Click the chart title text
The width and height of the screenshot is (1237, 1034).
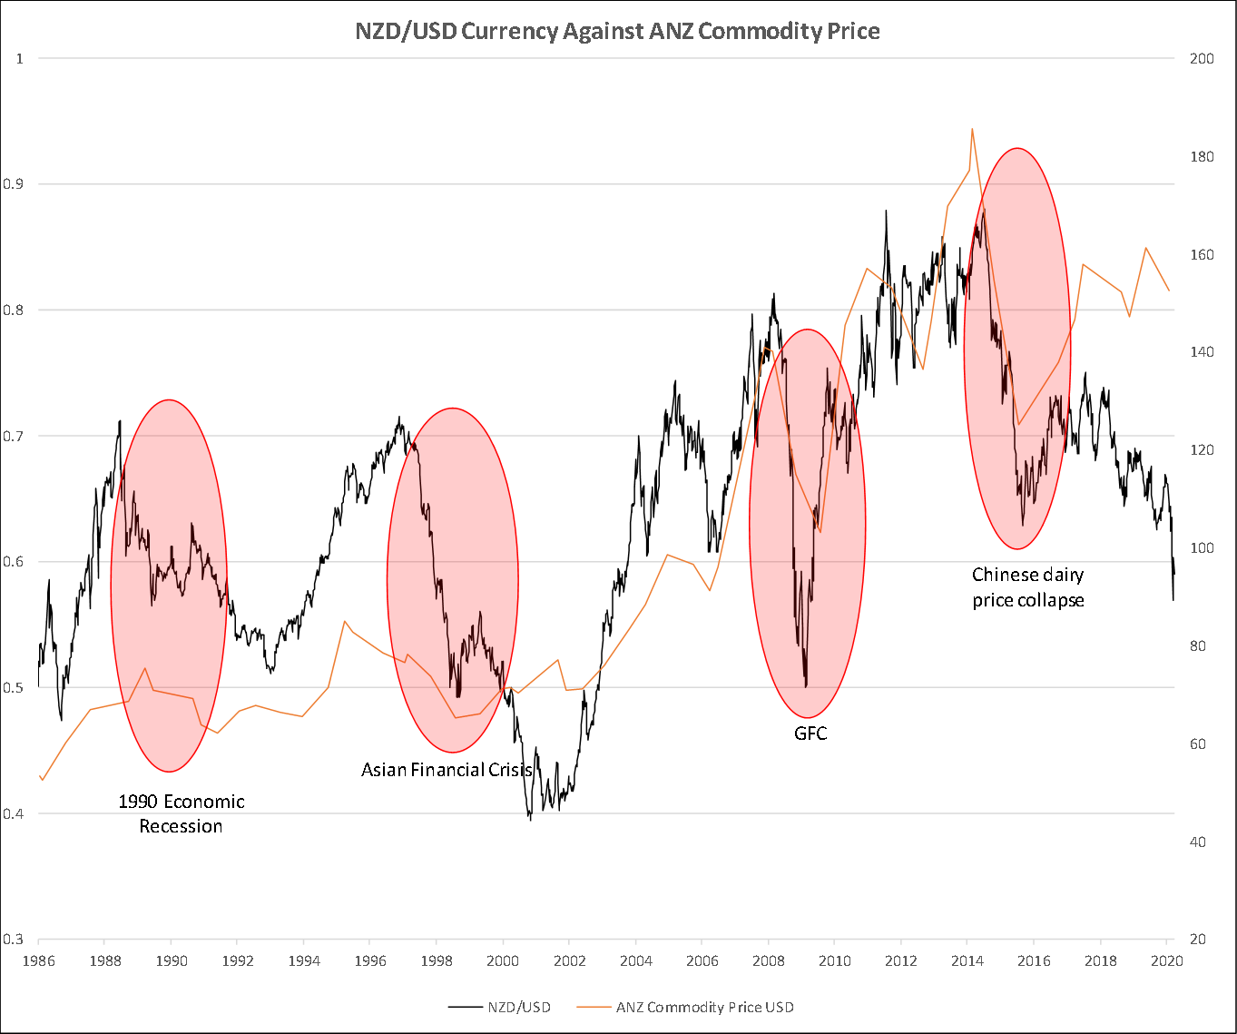617,32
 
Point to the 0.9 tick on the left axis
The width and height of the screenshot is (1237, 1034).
14,184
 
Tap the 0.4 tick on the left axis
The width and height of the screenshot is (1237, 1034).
14,813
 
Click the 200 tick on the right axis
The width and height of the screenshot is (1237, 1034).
1202,59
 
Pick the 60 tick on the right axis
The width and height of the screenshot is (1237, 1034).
1198,744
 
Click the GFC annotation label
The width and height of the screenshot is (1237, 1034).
810,734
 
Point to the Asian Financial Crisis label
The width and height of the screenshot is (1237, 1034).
447,770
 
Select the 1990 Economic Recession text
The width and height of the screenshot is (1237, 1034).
182,813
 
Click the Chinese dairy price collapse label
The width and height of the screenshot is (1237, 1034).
1028,587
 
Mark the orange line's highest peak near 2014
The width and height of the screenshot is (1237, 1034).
972,129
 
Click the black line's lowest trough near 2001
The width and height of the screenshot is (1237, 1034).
531,819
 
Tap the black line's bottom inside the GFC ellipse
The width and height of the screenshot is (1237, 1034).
806,686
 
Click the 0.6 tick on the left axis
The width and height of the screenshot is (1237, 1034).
14,562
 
